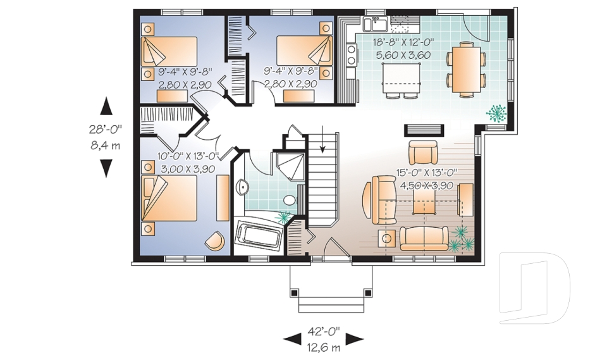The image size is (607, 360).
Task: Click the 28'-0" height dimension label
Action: [x=105, y=129]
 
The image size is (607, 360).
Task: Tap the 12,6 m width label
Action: [x=324, y=347]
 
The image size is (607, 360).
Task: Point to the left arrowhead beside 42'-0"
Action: [x=292, y=339]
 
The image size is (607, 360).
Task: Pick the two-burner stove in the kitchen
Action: [x=350, y=59]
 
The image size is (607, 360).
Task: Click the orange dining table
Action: [x=467, y=67]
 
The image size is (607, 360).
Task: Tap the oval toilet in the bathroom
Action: [x=289, y=201]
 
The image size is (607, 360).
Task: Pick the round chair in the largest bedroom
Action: [x=214, y=240]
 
